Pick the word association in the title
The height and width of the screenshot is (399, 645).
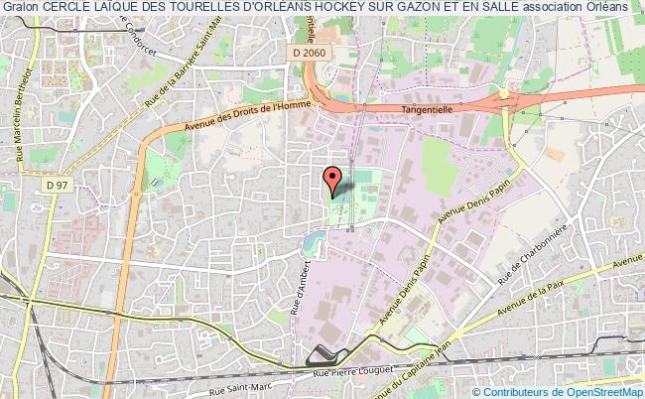click(562, 7)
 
